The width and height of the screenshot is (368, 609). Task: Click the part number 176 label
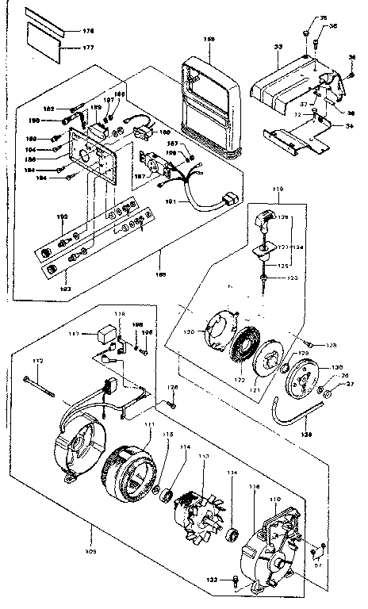88,30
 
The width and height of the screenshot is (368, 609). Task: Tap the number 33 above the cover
278,48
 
